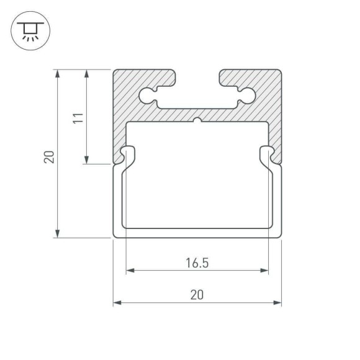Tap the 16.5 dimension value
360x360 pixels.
click(x=197, y=262)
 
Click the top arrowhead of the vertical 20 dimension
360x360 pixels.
click(x=58, y=73)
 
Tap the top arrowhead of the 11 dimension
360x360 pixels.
click(x=86, y=73)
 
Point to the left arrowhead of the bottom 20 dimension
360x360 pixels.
click(x=117, y=303)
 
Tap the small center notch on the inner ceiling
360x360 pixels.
click(x=197, y=120)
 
